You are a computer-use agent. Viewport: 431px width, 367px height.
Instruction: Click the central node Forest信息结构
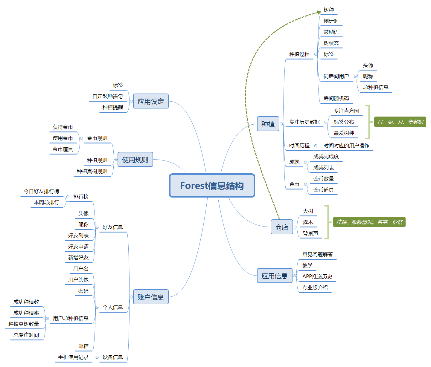[212, 186]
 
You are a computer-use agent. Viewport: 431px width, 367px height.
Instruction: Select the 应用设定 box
[151, 101]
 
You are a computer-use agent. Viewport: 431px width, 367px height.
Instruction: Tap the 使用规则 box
[135, 160]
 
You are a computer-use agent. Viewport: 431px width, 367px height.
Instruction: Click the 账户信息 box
[151, 297]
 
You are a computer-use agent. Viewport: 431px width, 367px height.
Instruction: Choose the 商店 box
[282, 227]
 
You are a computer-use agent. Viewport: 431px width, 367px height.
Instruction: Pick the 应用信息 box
[275, 276]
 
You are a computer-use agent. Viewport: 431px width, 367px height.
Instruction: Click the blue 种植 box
[268, 124]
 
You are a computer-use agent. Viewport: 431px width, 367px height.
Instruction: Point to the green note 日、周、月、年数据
[400, 122]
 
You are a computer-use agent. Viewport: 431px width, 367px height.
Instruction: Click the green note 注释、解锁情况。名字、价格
[369, 222]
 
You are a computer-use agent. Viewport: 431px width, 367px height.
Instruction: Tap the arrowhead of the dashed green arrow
[319, 12]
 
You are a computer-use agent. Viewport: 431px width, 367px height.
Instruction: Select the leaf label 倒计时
[331, 21]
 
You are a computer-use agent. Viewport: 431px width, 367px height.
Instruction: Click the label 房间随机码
[336, 98]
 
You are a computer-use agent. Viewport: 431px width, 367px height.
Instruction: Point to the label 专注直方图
[346, 111]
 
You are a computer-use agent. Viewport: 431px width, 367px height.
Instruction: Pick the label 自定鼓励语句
[108, 96]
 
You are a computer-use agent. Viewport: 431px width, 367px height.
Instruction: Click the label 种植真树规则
[92, 171]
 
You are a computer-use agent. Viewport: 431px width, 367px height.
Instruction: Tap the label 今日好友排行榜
[42, 191]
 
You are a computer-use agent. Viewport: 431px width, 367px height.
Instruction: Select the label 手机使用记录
[73, 357]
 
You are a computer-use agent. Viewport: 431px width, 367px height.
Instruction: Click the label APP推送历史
[317, 276]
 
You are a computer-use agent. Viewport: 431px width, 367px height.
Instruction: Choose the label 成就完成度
[326, 157]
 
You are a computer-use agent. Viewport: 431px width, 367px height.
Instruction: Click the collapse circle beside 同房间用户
[355, 77]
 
